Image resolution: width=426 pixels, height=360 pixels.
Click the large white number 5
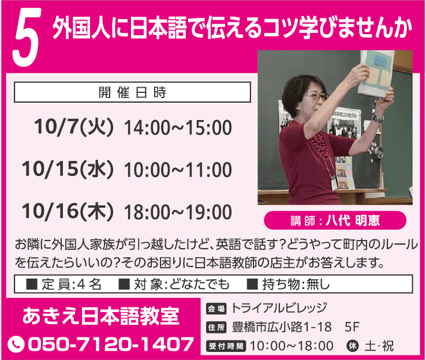(27, 37)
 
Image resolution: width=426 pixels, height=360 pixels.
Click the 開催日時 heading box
(132, 92)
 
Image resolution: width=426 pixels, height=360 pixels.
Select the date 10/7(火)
(73, 127)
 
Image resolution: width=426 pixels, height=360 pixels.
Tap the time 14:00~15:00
(178, 127)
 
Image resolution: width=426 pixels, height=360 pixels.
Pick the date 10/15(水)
(68, 169)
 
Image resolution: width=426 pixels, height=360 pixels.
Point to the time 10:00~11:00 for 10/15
(178, 170)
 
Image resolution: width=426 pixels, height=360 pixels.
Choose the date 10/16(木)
(68, 211)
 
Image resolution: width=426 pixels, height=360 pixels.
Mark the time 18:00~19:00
(178, 212)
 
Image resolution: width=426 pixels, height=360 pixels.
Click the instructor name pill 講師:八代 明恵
(335, 220)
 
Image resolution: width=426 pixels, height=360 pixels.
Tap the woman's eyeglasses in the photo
(316, 96)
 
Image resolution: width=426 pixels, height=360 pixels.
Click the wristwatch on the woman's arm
(377, 118)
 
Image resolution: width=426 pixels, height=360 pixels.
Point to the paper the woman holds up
(376, 73)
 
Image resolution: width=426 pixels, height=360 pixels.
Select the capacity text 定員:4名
(63, 284)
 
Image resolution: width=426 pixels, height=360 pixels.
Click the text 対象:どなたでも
(174, 284)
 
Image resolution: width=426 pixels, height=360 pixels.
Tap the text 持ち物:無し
(288, 284)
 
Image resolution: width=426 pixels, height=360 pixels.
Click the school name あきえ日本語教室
(101, 316)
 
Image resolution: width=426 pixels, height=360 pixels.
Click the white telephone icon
(16, 344)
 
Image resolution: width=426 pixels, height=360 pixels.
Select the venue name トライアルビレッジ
(279, 308)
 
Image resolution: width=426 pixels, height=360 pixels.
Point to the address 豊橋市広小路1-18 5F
(296, 327)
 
